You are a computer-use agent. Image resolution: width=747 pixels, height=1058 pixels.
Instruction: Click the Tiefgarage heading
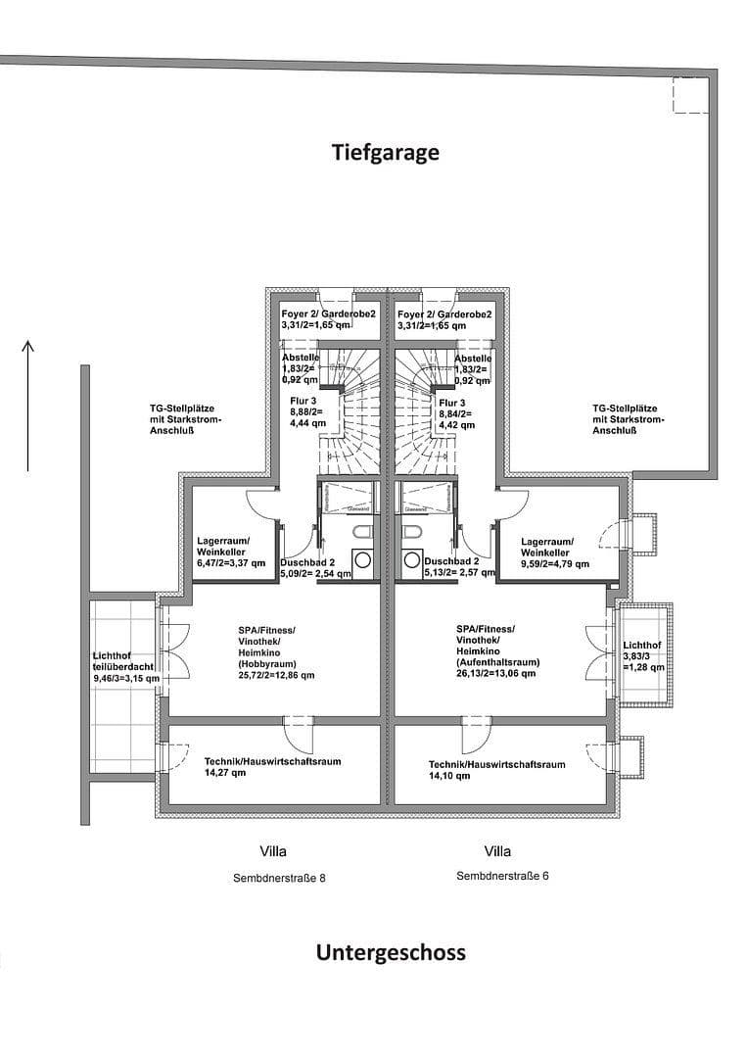[x=385, y=153]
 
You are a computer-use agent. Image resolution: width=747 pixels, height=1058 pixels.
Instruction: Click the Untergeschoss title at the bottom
[x=391, y=952]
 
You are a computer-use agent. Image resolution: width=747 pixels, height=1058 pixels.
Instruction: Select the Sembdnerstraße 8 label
[x=278, y=878]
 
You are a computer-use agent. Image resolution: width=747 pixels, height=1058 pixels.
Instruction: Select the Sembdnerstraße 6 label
[x=502, y=876]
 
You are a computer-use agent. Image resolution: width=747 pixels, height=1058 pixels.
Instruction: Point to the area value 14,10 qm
[x=449, y=776]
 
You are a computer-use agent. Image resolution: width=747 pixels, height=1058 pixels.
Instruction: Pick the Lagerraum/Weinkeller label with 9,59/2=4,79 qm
[x=554, y=553]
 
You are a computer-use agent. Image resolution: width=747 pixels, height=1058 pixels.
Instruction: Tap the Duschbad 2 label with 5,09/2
[x=314, y=568]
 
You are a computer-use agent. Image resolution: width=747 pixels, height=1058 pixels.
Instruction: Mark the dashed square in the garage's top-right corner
[x=690, y=96]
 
